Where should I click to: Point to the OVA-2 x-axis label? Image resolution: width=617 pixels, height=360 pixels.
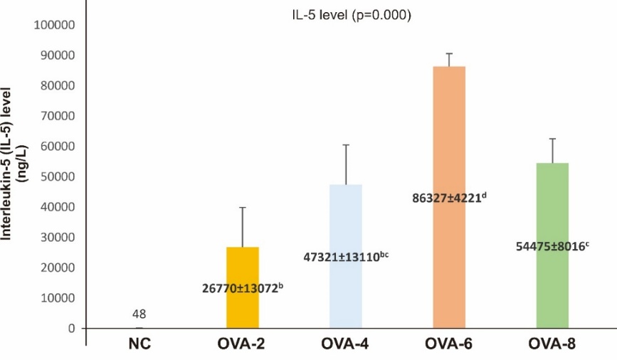coord(242,345)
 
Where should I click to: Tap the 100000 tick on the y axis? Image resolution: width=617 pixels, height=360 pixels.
coord(55,26)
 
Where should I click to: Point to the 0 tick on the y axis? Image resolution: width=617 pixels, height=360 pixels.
coord(72,329)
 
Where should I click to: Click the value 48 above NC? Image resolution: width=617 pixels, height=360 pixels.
coord(139,313)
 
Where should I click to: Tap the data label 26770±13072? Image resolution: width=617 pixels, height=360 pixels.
coord(242,288)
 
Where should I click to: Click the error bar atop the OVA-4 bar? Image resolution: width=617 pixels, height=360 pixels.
coord(345,164)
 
